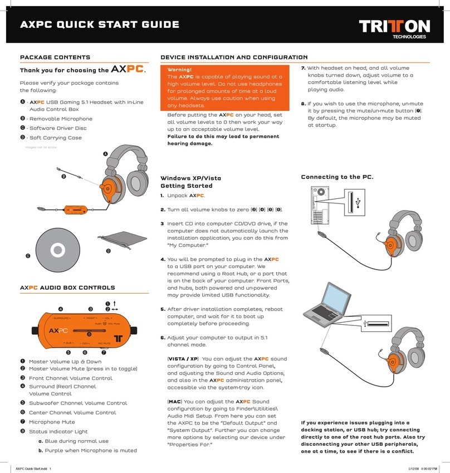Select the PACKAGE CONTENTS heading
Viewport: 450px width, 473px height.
(x=55, y=57)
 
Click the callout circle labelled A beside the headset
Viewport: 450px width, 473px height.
(x=105, y=154)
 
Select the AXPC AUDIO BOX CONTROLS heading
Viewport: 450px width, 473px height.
(x=67, y=287)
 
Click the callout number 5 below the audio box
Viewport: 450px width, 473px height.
(x=69, y=352)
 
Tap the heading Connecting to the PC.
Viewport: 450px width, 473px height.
(x=336, y=177)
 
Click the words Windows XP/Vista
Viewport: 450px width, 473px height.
(x=190, y=178)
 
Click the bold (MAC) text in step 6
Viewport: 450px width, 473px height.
(x=178, y=401)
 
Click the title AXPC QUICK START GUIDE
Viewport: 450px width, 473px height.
(x=99, y=24)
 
